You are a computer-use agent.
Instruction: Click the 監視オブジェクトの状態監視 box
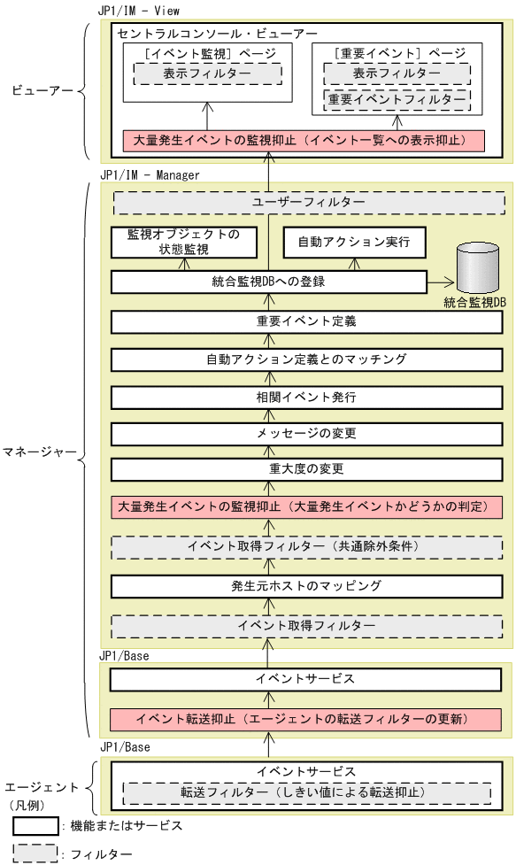pyautogui.click(x=183, y=242)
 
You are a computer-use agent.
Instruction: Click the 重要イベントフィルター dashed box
pyautogui.click(x=396, y=99)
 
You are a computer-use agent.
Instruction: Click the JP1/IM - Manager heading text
pyautogui.click(x=150, y=175)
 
